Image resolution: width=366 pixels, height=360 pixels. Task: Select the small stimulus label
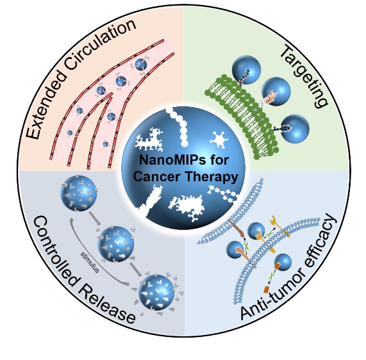click(x=90, y=262)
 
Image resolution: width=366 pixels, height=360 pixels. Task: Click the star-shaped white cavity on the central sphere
click(x=219, y=140)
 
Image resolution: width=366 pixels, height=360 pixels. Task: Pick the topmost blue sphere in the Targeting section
click(x=246, y=70)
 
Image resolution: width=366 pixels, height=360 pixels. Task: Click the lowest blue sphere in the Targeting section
click(x=295, y=129)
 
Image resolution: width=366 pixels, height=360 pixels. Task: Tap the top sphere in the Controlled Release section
click(x=78, y=193)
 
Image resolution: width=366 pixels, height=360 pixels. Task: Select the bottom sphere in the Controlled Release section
click(x=156, y=292)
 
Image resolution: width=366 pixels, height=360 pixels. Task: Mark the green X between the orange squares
click(x=271, y=277)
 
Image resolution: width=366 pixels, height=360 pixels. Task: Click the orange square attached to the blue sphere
click(x=278, y=266)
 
